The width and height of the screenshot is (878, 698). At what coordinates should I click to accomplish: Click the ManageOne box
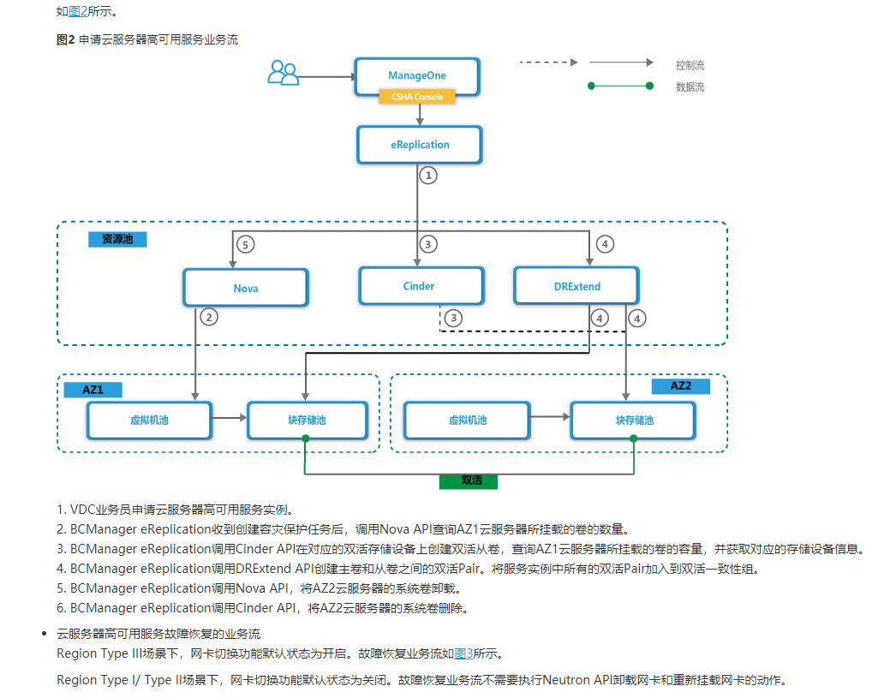(417, 75)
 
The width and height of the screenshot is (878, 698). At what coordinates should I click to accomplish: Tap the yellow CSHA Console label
(417, 98)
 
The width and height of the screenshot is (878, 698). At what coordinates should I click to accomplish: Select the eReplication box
(420, 145)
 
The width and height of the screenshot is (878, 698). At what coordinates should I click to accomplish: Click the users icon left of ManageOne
(283, 73)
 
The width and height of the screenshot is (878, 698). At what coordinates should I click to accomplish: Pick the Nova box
(245, 288)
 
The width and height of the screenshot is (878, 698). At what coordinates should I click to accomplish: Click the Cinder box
(419, 286)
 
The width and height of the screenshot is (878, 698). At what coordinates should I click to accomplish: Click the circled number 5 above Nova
(245, 244)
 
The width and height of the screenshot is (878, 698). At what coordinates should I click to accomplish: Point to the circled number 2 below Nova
(208, 318)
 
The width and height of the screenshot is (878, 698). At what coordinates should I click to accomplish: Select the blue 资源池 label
(117, 240)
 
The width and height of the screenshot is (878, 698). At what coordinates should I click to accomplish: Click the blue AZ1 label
(93, 389)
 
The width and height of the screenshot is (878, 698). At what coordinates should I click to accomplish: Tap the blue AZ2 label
(680, 386)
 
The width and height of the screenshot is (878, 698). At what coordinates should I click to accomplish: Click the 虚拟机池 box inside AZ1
(150, 420)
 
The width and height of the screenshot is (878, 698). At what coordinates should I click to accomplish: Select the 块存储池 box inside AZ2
(634, 421)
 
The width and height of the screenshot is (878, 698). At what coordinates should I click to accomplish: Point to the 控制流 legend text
(690, 65)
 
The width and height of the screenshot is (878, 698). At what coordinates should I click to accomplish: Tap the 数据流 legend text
(690, 87)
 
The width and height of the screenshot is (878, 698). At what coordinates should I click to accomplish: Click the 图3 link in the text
(463, 653)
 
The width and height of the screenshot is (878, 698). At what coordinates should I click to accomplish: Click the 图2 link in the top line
(78, 12)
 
